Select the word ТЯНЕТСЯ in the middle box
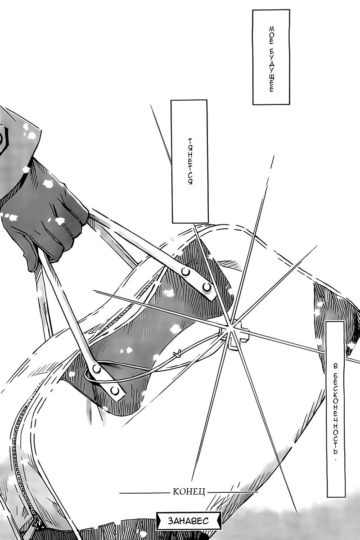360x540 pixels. [x=190, y=162]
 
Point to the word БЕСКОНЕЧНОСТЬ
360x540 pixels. [x=335, y=413]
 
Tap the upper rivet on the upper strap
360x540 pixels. [x=185, y=272]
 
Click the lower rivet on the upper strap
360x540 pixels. [x=207, y=287]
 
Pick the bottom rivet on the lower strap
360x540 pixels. [x=115, y=390]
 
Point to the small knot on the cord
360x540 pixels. [x=178, y=353]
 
